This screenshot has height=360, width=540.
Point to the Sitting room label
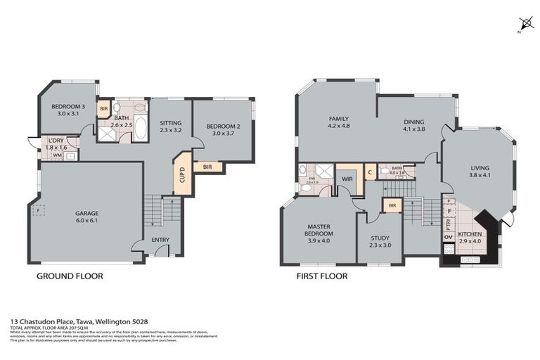(x=170, y=125)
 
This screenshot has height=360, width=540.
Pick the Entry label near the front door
(x=160, y=240)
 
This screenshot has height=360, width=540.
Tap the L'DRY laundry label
(x=57, y=143)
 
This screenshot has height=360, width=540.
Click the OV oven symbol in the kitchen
(x=448, y=237)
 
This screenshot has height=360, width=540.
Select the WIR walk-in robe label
(x=346, y=179)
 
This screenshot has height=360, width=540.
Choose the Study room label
(x=379, y=242)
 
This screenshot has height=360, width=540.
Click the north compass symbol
(x=522, y=23)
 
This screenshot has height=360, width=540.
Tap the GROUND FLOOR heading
(x=70, y=276)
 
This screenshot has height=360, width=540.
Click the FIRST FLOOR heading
(x=322, y=276)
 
